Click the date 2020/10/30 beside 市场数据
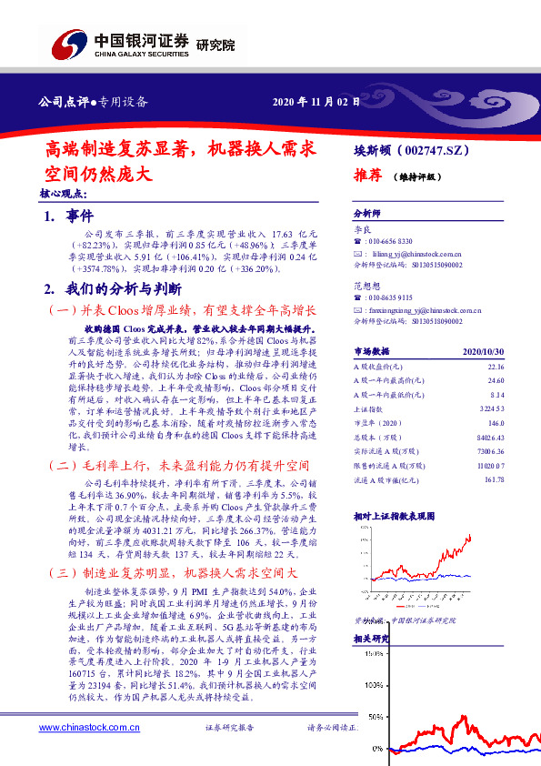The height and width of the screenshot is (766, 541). coord(482,350)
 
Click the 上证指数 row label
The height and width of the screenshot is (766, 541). coord(369,410)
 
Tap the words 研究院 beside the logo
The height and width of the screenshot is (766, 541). coord(215,45)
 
